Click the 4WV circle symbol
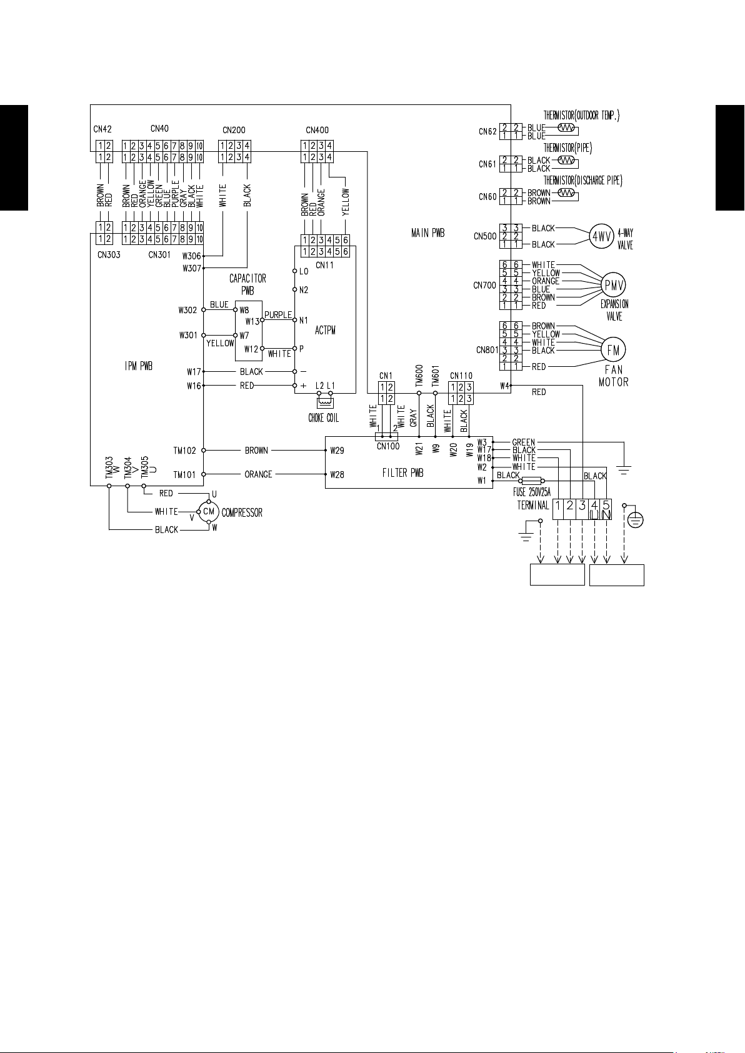(x=600, y=237)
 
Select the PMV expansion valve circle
(x=613, y=285)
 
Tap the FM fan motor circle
(x=613, y=350)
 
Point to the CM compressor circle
(x=209, y=512)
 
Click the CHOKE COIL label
(x=324, y=418)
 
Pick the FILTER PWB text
(x=403, y=473)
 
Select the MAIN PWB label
(x=427, y=233)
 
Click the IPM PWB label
(x=139, y=366)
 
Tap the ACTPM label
(x=325, y=330)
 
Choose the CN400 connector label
(x=317, y=130)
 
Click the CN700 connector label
(x=484, y=285)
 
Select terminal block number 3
(x=582, y=506)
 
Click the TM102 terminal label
(x=184, y=450)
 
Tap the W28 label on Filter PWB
(x=337, y=474)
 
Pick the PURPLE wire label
(x=278, y=315)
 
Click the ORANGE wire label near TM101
(x=258, y=474)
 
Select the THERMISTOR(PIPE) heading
(x=567, y=149)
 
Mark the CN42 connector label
(x=102, y=129)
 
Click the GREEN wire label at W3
(x=523, y=442)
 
